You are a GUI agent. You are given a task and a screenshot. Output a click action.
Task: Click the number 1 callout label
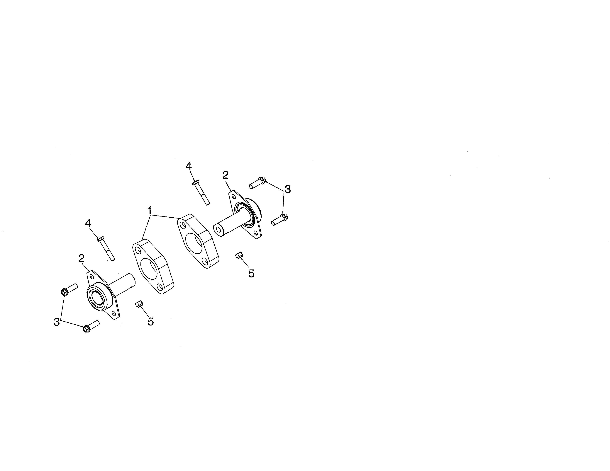click(x=150, y=210)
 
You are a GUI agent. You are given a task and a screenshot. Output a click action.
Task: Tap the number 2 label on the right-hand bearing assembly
click(x=225, y=175)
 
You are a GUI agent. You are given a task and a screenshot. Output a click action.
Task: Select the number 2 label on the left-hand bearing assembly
click(x=81, y=258)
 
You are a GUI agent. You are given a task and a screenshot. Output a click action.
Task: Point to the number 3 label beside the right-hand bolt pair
click(x=287, y=189)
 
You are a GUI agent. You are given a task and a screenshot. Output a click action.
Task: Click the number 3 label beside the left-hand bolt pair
click(x=57, y=322)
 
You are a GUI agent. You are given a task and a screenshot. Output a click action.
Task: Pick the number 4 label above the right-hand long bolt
click(x=189, y=166)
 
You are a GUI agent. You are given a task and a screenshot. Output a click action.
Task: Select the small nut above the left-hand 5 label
click(x=139, y=304)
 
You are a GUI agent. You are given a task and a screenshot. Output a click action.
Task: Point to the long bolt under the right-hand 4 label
click(x=201, y=193)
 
